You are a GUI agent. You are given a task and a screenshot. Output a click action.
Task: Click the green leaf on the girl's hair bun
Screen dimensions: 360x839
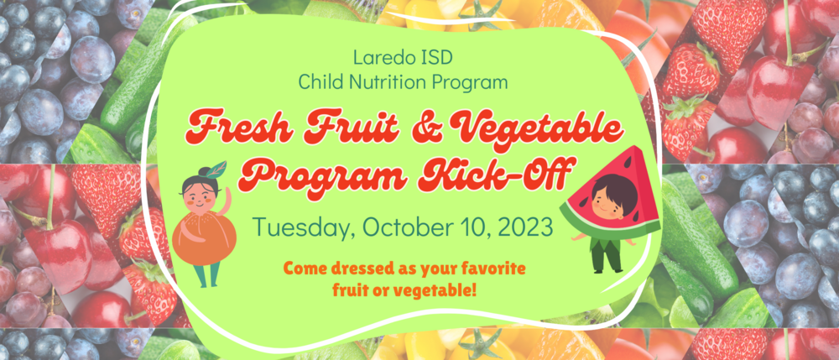pos(218,168)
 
